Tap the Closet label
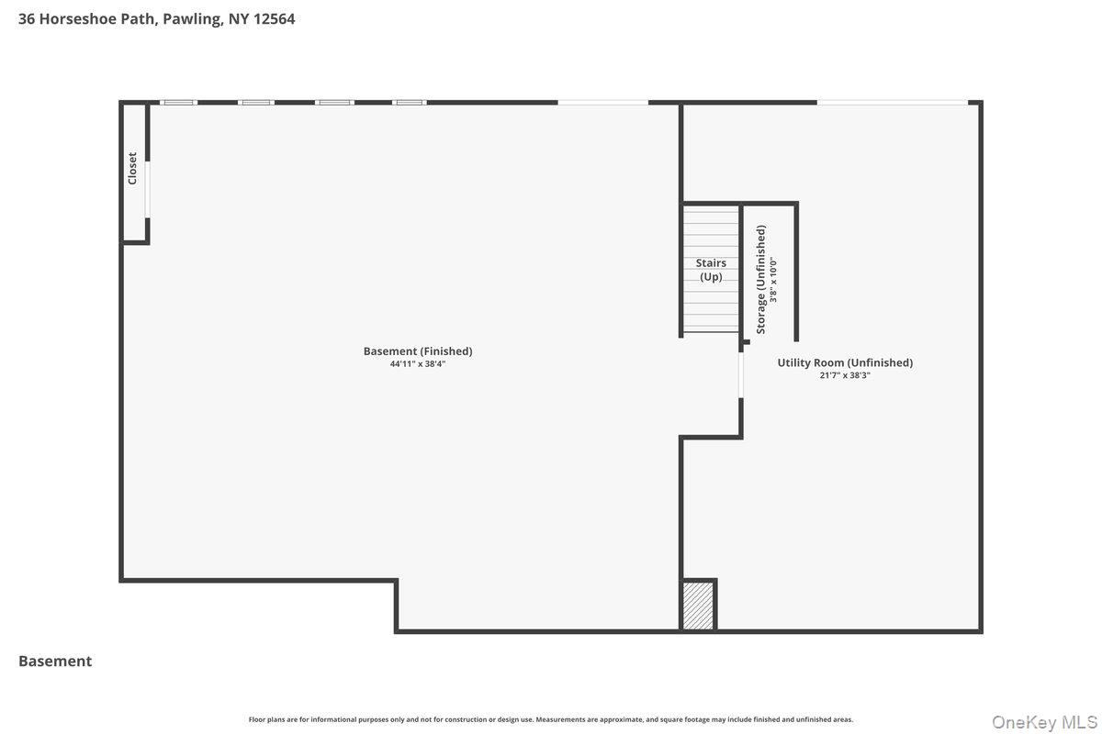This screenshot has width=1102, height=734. (132, 168)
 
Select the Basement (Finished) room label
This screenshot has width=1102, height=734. (418, 350)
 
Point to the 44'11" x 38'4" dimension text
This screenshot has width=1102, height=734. (418, 364)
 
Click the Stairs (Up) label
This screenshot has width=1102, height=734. (711, 270)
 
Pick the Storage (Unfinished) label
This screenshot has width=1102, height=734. (761, 279)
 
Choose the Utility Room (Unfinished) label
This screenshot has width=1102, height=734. (845, 362)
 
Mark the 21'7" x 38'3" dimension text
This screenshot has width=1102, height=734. (845, 375)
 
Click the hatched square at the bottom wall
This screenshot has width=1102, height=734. (698, 606)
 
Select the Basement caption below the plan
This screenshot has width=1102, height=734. (55, 661)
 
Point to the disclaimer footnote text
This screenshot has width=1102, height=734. (551, 719)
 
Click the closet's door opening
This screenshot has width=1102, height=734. (147, 190)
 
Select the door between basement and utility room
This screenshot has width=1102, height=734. (741, 376)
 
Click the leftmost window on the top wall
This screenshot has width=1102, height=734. (178, 102)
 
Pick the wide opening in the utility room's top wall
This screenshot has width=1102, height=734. (892, 102)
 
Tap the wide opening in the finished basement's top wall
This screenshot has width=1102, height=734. (602, 102)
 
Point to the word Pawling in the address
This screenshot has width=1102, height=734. (193, 18)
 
